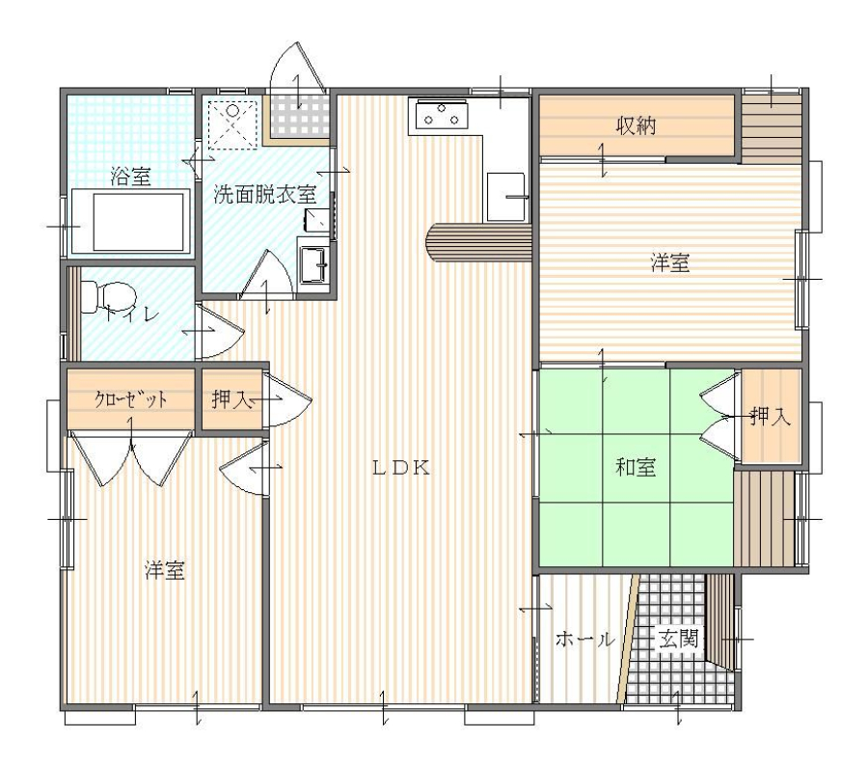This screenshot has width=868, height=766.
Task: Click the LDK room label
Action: (x=401, y=468)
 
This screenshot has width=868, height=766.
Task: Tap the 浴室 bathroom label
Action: (x=130, y=177)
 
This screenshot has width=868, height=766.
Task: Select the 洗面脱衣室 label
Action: (x=265, y=194)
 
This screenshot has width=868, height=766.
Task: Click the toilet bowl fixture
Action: (x=108, y=297)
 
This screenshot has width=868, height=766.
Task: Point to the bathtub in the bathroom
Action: (x=131, y=222)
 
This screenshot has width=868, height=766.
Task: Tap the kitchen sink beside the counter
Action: (x=505, y=197)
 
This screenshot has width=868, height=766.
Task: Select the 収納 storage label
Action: (x=637, y=125)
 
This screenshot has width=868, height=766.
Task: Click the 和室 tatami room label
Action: (x=636, y=467)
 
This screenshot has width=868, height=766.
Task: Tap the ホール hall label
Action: (x=585, y=639)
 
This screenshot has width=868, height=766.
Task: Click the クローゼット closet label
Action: (x=130, y=398)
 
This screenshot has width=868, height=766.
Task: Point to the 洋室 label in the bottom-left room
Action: (x=164, y=570)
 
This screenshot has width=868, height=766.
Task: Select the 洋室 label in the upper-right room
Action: (x=670, y=262)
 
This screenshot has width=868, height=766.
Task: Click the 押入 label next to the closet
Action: (x=231, y=398)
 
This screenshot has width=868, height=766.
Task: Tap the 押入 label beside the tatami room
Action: (x=771, y=416)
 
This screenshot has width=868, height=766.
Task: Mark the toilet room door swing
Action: (x=220, y=331)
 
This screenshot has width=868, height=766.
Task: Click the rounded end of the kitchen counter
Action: (x=433, y=242)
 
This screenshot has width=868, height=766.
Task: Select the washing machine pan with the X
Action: (x=233, y=124)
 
